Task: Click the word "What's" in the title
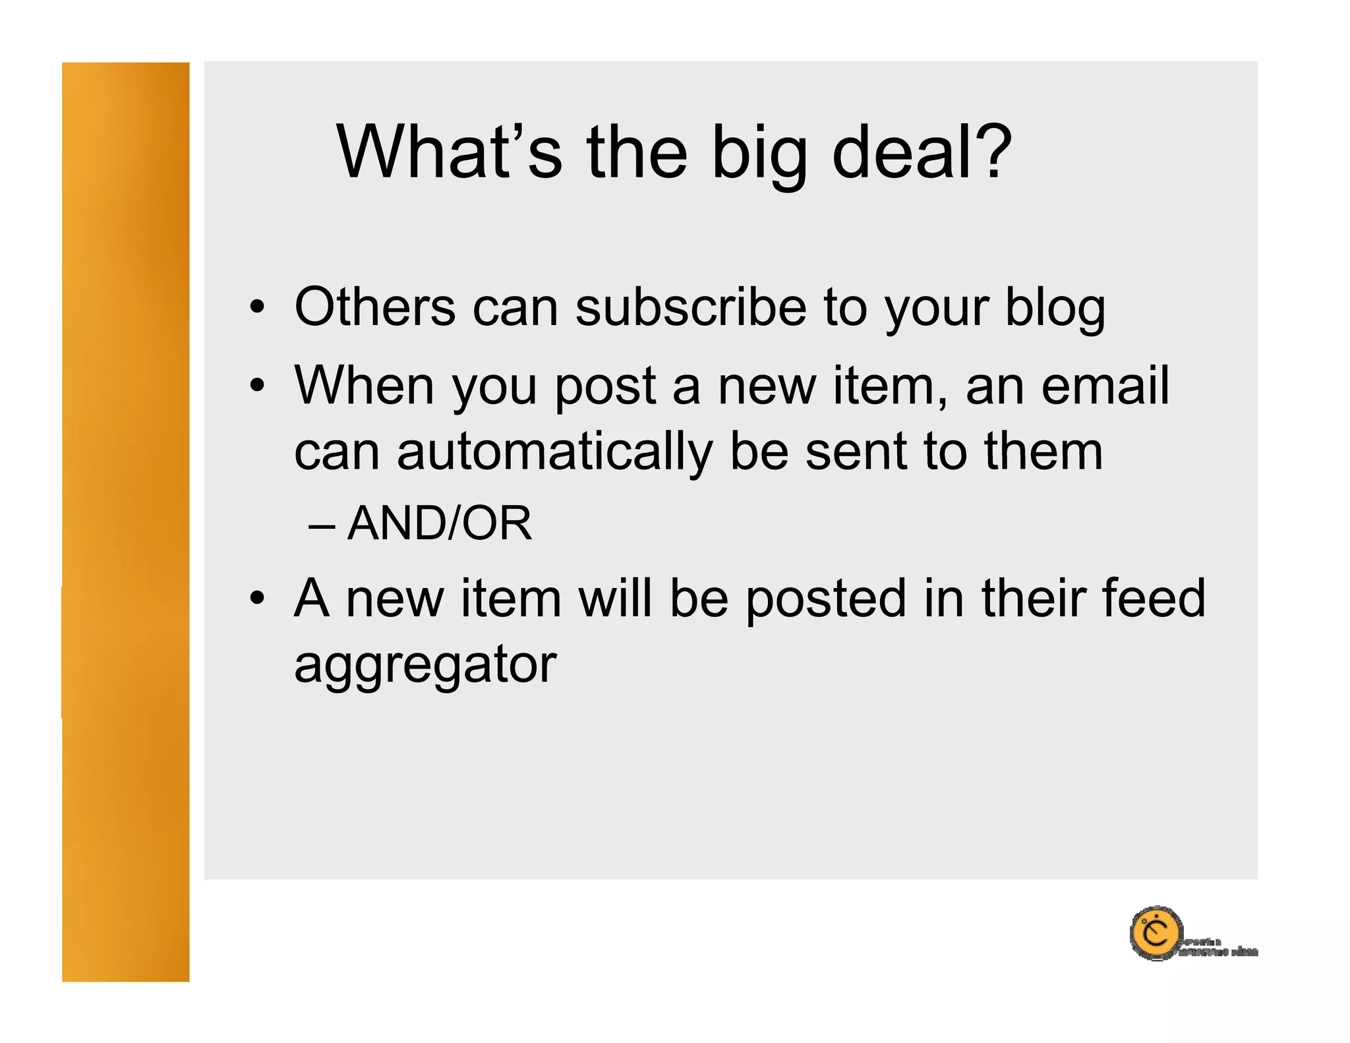(x=449, y=152)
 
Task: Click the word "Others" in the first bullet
(x=374, y=307)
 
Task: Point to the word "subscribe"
(x=690, y=307)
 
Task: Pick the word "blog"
(x=1055, y=309)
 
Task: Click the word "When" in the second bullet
(x=364, y=386)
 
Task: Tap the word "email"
(x=1105, y=386)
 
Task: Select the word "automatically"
(x=555, y=453)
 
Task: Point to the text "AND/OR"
(x=439, y=523)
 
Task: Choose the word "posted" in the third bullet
(x=827, y=599)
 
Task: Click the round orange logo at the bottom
(x=1156, y=933)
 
